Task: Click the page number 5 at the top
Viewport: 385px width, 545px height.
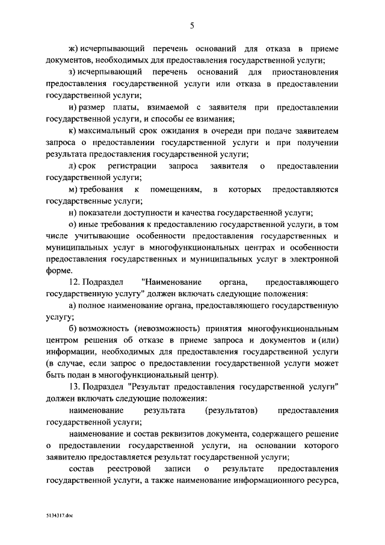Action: click(192, 25)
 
